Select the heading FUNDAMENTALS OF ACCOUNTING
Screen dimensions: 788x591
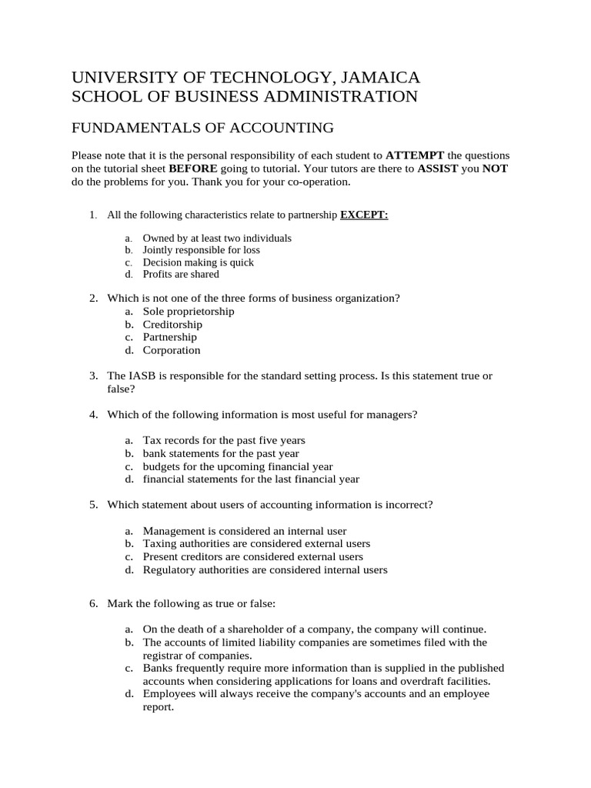[x=202, y=128]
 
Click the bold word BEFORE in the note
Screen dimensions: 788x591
[x=194, y=169]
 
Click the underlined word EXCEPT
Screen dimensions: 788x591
[x=364, y=215]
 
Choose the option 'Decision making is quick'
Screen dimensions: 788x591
[x=198, y=262]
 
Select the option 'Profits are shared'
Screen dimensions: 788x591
[x=181, y=274]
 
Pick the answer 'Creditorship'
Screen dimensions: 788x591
[x=172, y=325]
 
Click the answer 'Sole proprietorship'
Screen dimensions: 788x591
[x=189, y=312]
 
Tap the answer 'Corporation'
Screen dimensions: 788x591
[x=172, y=350]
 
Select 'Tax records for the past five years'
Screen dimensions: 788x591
[x=224, y=440]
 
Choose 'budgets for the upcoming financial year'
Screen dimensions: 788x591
[x=238, y=466]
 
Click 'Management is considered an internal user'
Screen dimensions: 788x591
[x=245, y=531]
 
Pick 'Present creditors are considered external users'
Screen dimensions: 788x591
[x=253, y=556]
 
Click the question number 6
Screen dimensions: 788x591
[x=92, y=603]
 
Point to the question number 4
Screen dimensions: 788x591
[x=92, y=415]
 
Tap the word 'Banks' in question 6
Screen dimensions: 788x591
[x=158, y=668]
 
